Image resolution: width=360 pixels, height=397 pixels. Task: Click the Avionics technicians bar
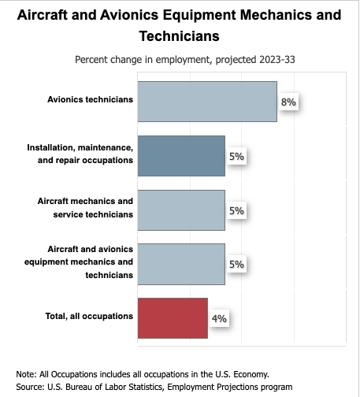click(x=207, y=102)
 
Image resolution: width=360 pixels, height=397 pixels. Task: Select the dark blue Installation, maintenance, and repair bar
click(x=181, y=156)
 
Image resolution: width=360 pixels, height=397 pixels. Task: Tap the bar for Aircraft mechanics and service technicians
click(x=181, y=210)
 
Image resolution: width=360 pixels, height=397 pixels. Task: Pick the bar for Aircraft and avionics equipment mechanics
click(x=181, y=264)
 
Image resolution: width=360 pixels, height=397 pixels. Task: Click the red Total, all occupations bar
click(x=173, y=318)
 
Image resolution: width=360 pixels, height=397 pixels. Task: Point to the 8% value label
click(x=288, y=102)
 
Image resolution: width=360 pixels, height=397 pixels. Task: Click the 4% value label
click(x=219, y=318)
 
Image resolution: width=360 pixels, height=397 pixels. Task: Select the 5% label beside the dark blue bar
click(x=236, y=156)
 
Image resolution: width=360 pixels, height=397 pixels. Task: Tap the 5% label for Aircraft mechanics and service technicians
click(x=236, y=210)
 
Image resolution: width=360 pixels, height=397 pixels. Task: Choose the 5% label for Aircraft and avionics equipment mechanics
click(x=236, y=264)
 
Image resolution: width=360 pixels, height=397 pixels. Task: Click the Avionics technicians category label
click(x=90, y=99)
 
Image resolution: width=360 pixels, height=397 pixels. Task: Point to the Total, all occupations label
click(x=89, y=316)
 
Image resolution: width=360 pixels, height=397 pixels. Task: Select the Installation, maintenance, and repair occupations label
click(x=80, y=154)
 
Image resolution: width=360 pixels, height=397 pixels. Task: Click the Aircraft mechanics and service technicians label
click(x=85, y=208)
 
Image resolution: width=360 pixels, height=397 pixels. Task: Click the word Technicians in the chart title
click(x=179, y=36)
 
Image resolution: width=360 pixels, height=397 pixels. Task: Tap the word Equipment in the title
click(x=199, y=15)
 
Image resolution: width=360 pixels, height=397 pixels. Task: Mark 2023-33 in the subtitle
click(x=277, y=60)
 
